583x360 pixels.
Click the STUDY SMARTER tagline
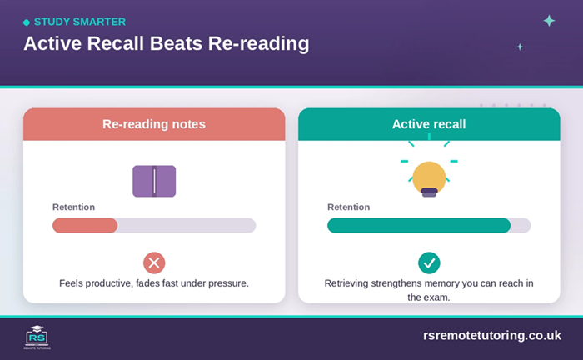click(80, 22)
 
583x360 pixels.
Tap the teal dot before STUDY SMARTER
click(27, 22)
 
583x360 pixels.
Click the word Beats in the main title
click(176, 43)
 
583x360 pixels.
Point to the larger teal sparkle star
click(549, 21)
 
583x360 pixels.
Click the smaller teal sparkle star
click(520, 47)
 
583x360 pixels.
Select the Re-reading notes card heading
click(154, 124)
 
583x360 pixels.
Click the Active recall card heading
click(429, 124)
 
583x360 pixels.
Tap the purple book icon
click(154, 181)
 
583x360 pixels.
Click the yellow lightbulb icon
click(429, 178)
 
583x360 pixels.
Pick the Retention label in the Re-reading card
click(73, 207)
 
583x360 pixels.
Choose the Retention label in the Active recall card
click(348, 207)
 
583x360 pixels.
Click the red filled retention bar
click(85, 225)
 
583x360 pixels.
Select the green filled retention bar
click(419, 225)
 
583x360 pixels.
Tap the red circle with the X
click(154, 263)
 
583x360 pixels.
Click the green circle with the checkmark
click(429, 263)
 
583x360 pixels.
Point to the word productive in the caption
click(108, 283)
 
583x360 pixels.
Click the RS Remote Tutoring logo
click(37, 337)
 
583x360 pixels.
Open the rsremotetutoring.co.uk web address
click(492, 336)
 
